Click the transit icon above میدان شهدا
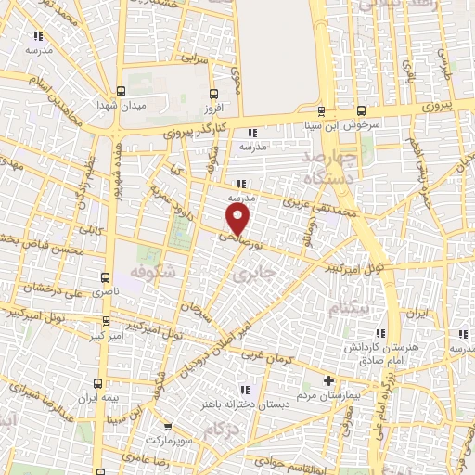[122, 92]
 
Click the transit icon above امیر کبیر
[106, 321]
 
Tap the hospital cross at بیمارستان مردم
[329, 379]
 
